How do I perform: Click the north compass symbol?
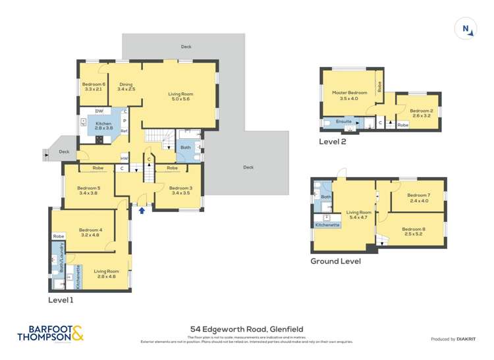tap(466, 28)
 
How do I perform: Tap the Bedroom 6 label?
tap(94, 86)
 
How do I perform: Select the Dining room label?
tap(126, 86)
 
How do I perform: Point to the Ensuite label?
tap(343, 122)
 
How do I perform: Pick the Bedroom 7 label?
tap(418, 197)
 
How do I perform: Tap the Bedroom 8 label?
tap(415, 231)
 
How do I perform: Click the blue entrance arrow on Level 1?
tap(142, 211)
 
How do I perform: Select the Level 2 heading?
tap(333, 141)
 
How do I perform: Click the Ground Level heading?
tap(335, 261)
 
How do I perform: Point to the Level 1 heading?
tap(61, 299)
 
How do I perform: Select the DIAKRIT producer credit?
tap(453, 339)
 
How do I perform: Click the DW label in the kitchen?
tap(99, 111)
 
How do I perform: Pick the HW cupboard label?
tap(124, 159)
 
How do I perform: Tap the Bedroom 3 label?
tap(181, 191)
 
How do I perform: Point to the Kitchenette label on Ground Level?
tap(327, 225)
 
